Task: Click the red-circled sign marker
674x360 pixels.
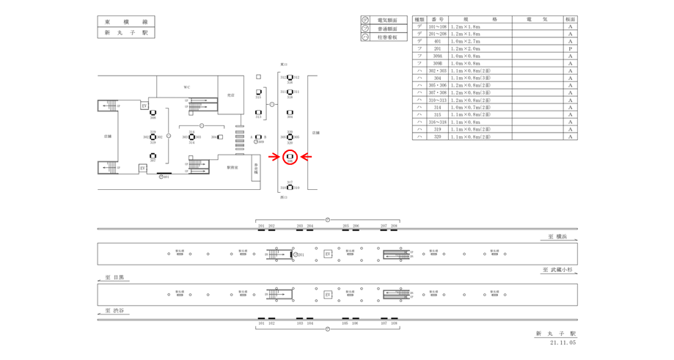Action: (x=289, y=156)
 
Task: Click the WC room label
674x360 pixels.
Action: (x=187, y=87)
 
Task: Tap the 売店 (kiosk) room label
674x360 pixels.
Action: (x=230, y=95)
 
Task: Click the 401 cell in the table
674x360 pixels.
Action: (x=437, y=42)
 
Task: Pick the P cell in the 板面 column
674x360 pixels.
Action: (x=570, y=49)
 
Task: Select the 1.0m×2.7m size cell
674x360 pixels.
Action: (x=465, y=42)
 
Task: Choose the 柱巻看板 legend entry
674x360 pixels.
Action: (x=387, y=37)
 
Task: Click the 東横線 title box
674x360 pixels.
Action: (x=125, y=21)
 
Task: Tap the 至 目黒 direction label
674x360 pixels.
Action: (x=114, y=278)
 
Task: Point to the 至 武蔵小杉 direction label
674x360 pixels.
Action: (x=560, y=270)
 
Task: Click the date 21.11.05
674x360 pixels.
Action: (x=561, y=342)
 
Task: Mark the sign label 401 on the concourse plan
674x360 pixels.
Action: (x=166, y=177)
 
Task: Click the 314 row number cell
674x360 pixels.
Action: (x=437, y=107)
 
